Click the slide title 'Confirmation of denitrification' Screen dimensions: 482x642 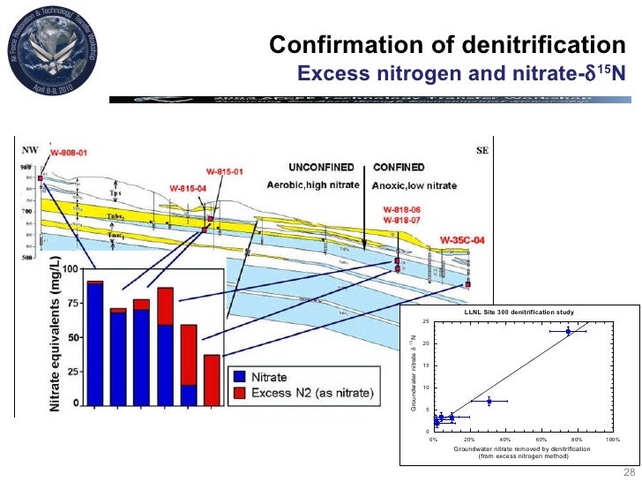pos(446,45)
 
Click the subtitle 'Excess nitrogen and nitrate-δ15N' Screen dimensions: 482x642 pos(461,72)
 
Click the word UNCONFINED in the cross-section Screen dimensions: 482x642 pos(323,167)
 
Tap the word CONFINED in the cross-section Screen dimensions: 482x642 pos(399,167)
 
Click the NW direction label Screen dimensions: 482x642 pos(32,151)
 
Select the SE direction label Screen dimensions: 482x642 pos(481,151)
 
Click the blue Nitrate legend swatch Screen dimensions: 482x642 pos(237,377)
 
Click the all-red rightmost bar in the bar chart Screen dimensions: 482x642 pos(212,380)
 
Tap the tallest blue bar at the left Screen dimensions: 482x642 pos(95,344)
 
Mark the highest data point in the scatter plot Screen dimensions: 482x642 pos(569,332)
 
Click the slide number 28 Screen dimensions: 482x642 pos(629,471)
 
